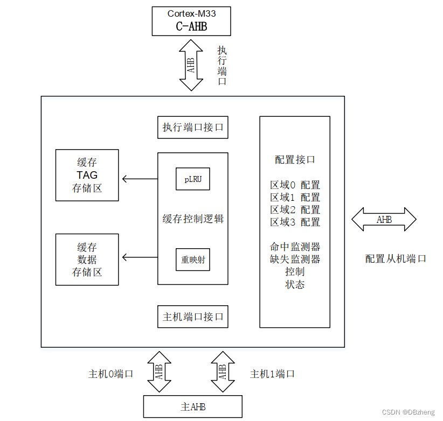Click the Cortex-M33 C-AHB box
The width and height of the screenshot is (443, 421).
(x=191, y=22)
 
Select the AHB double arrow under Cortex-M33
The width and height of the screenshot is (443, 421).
(x=191, y=65)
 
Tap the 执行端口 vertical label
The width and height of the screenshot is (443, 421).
(x=222, y=66)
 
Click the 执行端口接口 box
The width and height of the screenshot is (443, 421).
(x=192, y=128)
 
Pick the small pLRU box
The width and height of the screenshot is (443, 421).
(x=192, y=179)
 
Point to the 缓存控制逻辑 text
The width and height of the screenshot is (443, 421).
(x=192, y=219)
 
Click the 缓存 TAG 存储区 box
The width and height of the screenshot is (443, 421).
(x=87, y=176)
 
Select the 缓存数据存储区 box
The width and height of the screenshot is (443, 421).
(x=87, y=259)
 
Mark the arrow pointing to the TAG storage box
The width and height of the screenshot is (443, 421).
(x=139, y=179)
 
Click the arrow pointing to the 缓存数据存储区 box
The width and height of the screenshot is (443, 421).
(x=139, y=257)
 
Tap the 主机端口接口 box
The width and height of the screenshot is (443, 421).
(x=192, y=317)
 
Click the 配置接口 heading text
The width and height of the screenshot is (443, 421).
(x=295, y=160)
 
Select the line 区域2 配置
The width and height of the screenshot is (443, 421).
(x=295, y=210)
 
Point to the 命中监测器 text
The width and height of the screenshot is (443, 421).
(x=295, y=247)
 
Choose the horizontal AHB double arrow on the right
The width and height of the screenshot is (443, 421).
(x=384, y=220)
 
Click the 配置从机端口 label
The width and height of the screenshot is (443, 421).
(x=396, y=259)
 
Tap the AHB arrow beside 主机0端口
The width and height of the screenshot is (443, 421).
(x=158, y=373)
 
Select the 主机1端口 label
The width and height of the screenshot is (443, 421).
(x=272, y=374)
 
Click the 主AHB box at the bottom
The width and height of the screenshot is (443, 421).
(x=192, y=406)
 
